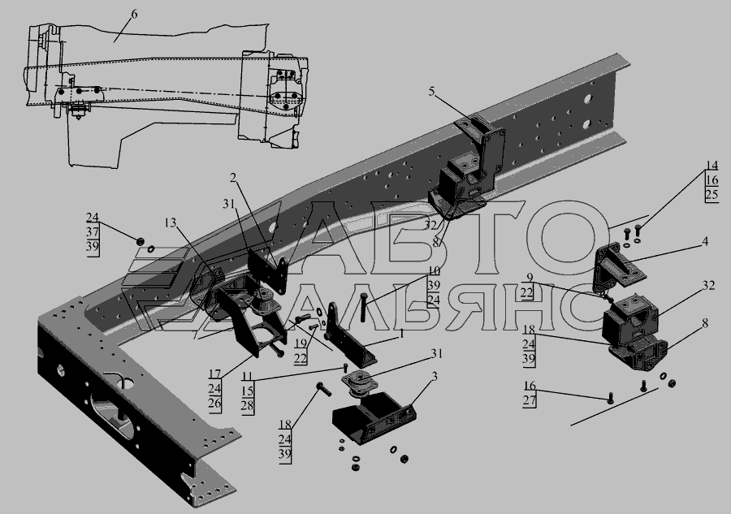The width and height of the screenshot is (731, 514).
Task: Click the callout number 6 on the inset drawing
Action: point(134,14)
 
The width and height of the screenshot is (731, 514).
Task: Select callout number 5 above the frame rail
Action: point(432,92)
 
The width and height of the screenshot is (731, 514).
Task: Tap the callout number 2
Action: point(233,178)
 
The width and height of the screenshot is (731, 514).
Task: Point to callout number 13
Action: point(171,222)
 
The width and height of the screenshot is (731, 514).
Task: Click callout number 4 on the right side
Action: point(705,241)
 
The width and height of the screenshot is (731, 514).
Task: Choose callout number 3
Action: point(435,377)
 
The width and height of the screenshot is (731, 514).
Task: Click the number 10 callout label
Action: point(434,271)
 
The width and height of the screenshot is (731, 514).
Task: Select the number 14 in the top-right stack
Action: point(712,166)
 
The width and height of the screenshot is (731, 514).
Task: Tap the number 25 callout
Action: point(712,194)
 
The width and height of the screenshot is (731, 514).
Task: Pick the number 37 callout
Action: point(93,232)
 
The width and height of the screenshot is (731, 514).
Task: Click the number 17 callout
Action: point(214,374)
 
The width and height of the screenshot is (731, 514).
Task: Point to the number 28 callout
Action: point(247,405)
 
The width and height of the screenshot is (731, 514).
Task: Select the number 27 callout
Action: point(530,401)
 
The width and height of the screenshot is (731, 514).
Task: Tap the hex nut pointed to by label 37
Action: point(139,241)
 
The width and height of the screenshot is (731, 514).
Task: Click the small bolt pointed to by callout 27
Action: point(611,399)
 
